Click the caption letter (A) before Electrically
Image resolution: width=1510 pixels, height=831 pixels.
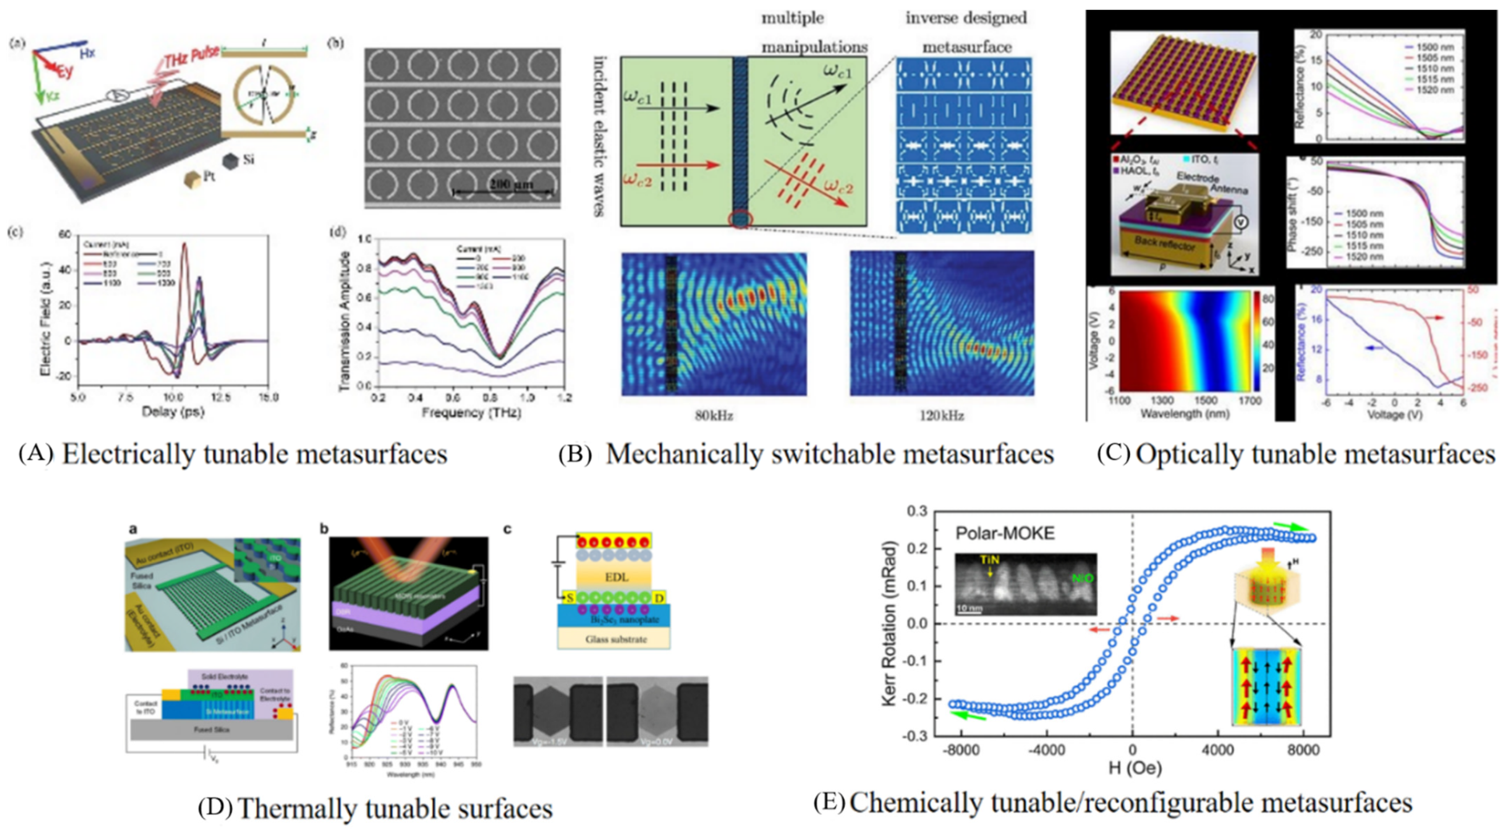(x=36, y=454)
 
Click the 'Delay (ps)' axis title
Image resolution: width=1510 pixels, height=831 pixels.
(x=173, y=412)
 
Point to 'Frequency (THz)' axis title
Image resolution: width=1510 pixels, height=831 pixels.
(x=471, y=413)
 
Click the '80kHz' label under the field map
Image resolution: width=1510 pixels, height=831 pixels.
(x=714, y=415)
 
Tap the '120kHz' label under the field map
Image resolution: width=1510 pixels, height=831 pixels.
(x=941, y=415)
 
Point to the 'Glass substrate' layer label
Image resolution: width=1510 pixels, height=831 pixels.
(x=615, y=639)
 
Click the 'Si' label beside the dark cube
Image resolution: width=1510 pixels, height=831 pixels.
(x=248, y=159)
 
